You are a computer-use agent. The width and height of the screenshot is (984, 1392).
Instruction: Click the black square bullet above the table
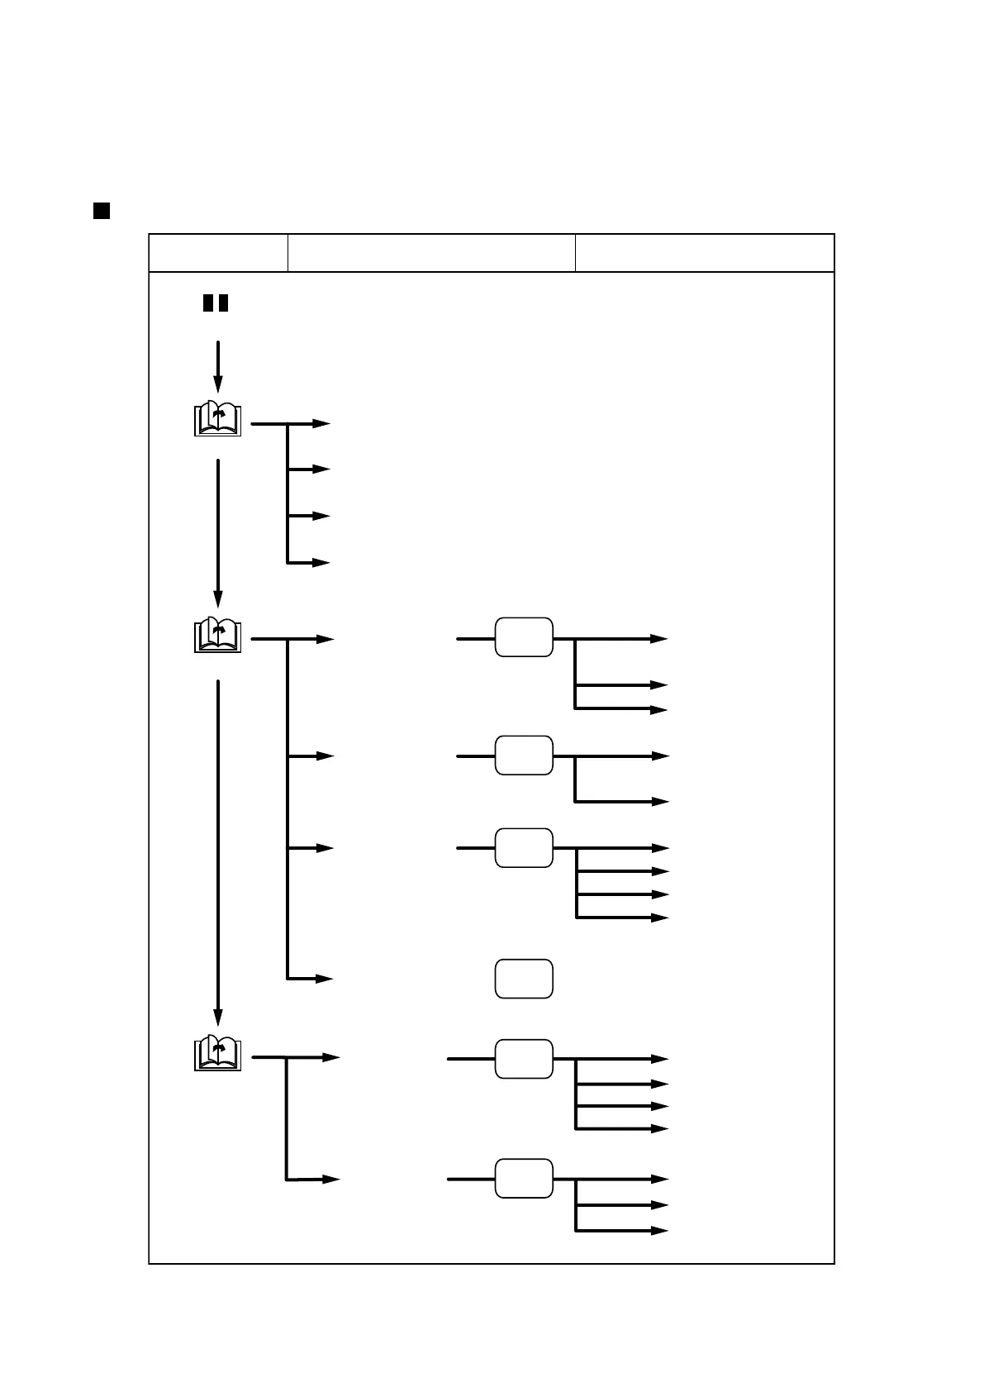coord(102,211)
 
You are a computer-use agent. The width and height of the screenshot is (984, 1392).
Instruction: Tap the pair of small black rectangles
coord(216,303)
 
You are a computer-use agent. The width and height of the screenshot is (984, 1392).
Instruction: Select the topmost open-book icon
coord(217,420)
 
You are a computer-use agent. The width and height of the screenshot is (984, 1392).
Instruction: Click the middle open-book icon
coord(217,636)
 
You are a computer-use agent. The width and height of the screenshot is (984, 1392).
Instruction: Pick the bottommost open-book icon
coord(217,1053)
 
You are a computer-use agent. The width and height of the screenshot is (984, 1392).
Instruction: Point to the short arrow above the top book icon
coord(218,366)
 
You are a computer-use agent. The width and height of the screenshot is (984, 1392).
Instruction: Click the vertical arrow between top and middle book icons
coord(218,532)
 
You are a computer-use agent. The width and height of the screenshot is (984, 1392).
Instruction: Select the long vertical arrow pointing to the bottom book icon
coord(218,851)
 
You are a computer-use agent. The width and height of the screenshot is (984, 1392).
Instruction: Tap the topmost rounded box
coord(524,637)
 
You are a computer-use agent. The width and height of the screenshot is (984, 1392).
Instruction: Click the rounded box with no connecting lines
coord(524,979)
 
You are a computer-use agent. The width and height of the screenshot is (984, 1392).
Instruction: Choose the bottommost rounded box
coord(524,1178)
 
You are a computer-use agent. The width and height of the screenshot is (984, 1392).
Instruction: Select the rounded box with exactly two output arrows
coord(524,755)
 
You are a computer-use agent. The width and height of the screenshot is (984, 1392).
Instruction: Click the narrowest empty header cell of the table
coord(218,253)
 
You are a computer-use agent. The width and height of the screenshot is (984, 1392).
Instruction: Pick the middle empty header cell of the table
coord(431,253)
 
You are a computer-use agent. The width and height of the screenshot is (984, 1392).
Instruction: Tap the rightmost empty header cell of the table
coord(704,253)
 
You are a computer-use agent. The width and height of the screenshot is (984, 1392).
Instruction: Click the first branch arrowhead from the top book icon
coord(322,424)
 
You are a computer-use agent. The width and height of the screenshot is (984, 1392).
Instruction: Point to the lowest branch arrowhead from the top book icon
coord(322,563)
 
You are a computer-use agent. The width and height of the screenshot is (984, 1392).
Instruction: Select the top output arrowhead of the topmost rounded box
coord(659,639)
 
